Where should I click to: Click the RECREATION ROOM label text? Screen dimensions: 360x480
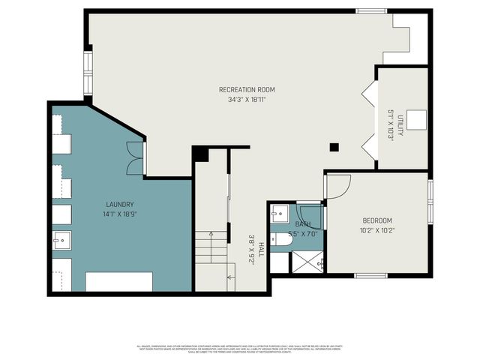point(247,90)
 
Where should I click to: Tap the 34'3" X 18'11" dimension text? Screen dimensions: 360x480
point(247,100)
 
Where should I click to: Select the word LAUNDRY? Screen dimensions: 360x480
point(119,204)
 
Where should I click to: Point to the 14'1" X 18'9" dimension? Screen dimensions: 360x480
point(119,214)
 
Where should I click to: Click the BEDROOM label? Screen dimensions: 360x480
point(377,220)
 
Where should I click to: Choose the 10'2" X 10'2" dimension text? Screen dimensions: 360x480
point(377,230)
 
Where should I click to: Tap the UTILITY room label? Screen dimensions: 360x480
point(400,124)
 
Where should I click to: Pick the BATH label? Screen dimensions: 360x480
point(302,224)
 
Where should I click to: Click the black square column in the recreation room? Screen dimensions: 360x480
point(334,147)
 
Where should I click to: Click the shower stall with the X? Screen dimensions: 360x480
point(307,262)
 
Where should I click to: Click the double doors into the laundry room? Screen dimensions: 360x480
point(135,158)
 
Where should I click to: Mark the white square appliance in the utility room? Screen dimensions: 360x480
point(416,120)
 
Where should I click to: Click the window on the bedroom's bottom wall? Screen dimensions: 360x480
point(370,275)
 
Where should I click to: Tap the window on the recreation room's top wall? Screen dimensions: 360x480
point(370,10)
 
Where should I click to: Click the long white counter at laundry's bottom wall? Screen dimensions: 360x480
point(118,281)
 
